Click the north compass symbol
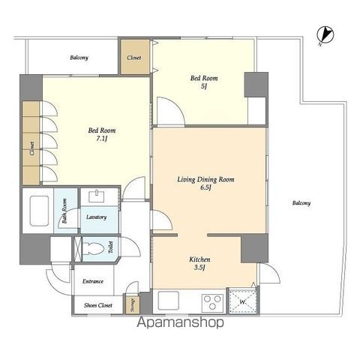(325, 35)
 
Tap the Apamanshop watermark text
(180, 322)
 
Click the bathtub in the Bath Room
(39, 211)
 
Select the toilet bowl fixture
(93, 249)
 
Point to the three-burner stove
(212, 302)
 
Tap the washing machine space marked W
(243, 301)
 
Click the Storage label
(133, 305)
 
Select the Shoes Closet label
(98, 305)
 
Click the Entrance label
(93, 281)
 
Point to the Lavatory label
(97, 217)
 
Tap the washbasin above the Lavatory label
(96, 196)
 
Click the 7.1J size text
(102, 139)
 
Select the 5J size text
(204, 86)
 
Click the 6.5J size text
(205, 187)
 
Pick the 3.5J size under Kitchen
(199, 268)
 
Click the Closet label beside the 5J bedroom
(134, 58)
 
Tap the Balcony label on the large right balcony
(301, 202)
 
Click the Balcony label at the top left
(79, 58)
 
